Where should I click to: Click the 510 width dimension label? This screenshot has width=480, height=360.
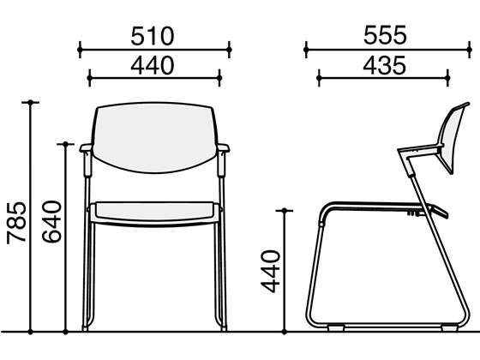(153, 36)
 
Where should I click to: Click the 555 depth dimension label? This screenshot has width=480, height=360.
(385, 35)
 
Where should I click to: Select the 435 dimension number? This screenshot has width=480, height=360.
(385, 65)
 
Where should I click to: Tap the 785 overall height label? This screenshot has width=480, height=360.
(16, 223)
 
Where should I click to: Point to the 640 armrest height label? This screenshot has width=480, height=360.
(51, 222)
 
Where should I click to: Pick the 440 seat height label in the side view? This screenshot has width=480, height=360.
(270, 272)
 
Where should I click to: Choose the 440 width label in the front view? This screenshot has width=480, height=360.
(153, 65)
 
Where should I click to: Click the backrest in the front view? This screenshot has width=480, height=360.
(154, 137)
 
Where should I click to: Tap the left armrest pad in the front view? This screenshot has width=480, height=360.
(86, 147)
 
